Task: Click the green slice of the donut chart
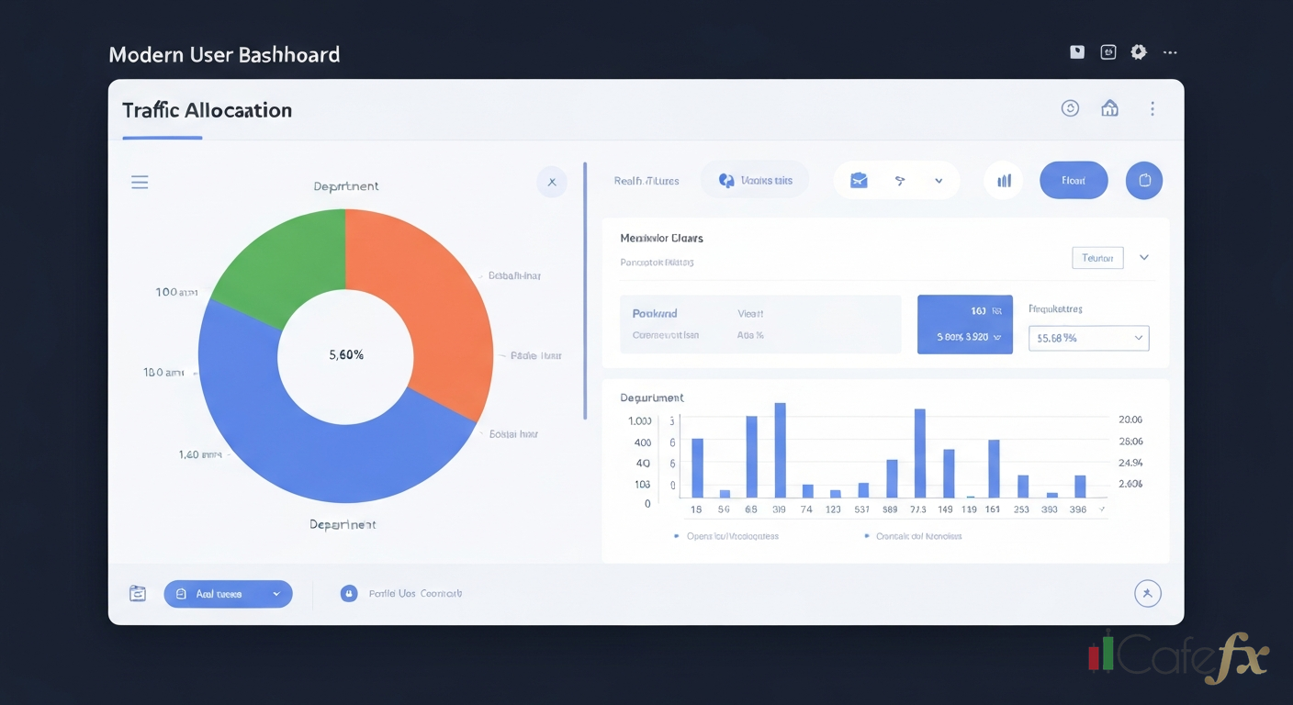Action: (275, 262)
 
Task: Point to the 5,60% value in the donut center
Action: (345, 355)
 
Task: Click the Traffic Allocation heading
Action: (207, 110)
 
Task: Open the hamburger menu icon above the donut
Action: (140, 182)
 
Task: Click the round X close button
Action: (552, 182)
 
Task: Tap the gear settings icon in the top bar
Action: (1139, 52)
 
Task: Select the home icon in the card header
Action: (1109, 108)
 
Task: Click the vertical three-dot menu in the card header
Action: (1152, 108)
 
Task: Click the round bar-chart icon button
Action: (1004, 181)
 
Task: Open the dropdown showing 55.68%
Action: (1088, 338)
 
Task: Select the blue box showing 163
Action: (964, 324)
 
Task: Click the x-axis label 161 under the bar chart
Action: (993, 509)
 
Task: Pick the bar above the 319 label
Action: (780, 450)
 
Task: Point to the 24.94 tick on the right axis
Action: (1130, 463)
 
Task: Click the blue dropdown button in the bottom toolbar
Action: (228, 594)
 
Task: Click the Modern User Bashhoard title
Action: (224, 54)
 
